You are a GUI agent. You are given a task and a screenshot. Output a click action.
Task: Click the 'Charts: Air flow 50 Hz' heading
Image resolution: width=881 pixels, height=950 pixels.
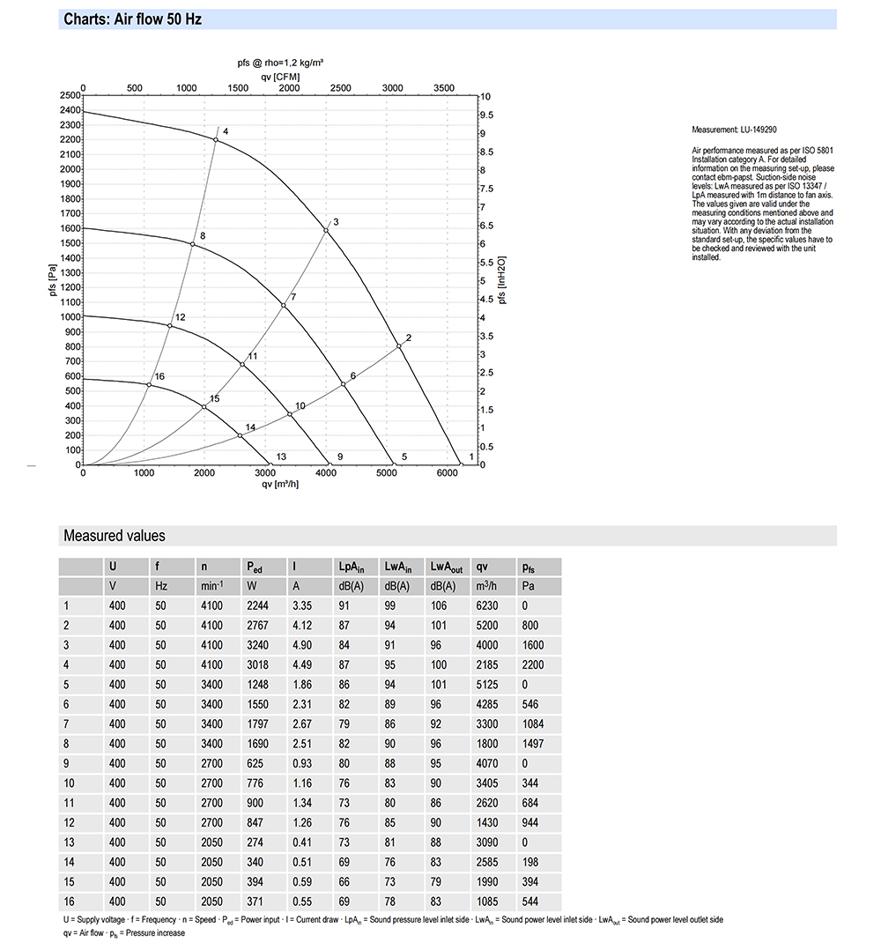click(133, 19)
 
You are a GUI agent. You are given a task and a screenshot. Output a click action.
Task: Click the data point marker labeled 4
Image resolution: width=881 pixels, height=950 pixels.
click(216, 139)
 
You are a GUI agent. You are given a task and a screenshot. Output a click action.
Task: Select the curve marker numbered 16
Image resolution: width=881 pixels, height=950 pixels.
click(149, 384)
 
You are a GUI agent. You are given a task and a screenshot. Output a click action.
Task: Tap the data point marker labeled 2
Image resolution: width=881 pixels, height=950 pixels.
click(399, 345)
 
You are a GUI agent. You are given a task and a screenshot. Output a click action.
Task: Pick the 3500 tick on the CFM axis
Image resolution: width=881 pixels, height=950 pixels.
click(444, 88)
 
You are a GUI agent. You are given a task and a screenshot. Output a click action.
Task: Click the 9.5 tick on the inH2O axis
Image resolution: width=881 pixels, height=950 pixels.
click(485, 115)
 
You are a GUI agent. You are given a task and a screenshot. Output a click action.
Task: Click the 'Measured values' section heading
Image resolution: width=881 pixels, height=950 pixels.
click(114, 536)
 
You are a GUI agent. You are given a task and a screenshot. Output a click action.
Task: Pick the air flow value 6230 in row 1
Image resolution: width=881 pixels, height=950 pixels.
click(486, 605)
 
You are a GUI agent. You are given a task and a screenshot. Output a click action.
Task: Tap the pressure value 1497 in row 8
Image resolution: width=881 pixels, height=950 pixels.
click(533, 743)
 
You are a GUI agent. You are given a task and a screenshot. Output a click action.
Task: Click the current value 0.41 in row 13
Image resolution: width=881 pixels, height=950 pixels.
click(301, 842)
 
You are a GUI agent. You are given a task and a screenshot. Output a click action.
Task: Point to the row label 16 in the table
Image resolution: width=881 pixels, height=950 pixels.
click(69, 901)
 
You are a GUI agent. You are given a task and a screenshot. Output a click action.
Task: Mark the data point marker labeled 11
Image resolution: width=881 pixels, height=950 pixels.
click(243, 364)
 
